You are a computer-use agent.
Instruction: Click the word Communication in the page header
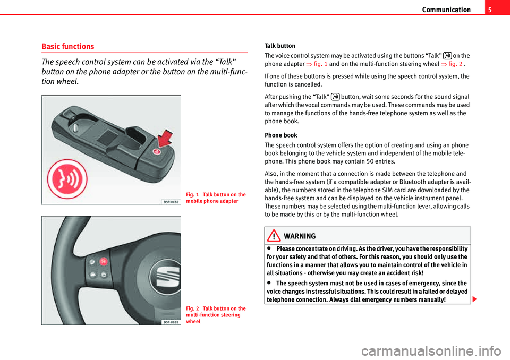point(447,10)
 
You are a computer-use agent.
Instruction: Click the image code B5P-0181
point(171,322)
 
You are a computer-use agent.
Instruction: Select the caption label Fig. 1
point(192,194)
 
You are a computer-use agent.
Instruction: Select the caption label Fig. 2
point(192,308)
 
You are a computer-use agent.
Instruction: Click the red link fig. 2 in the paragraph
point(453,64)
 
